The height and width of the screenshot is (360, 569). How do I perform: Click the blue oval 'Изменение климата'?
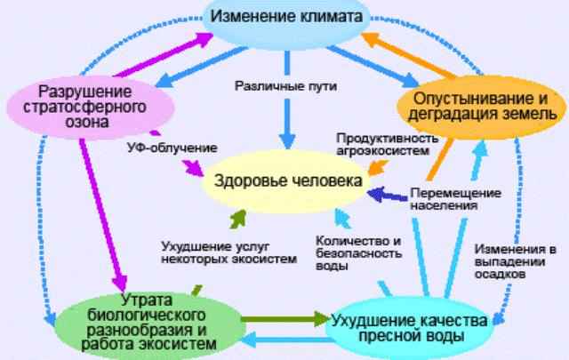point(285,19)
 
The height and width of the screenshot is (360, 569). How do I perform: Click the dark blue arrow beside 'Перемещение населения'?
point(388,192)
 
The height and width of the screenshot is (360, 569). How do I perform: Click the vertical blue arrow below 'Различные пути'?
point(286,120)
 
